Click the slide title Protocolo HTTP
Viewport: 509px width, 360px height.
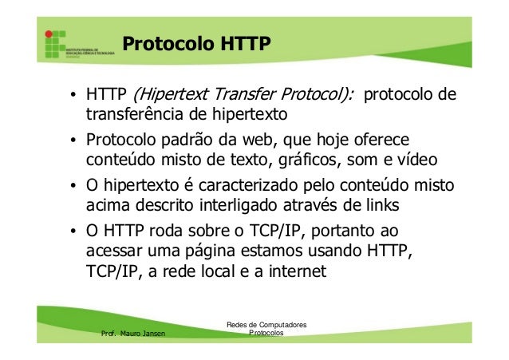pos(196,41)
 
